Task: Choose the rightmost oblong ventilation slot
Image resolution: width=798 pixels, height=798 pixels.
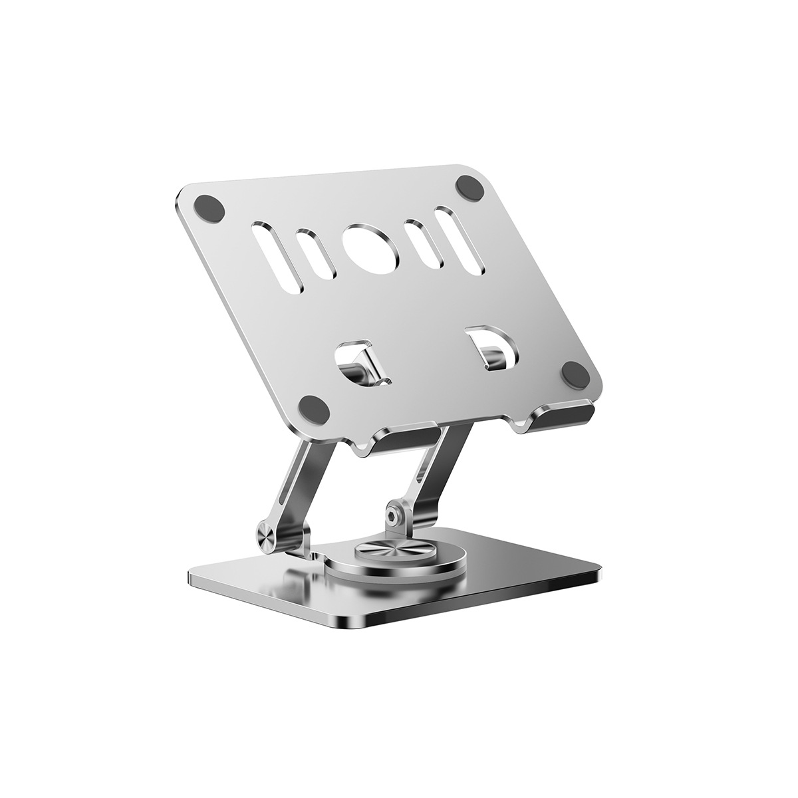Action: point(460,239)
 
